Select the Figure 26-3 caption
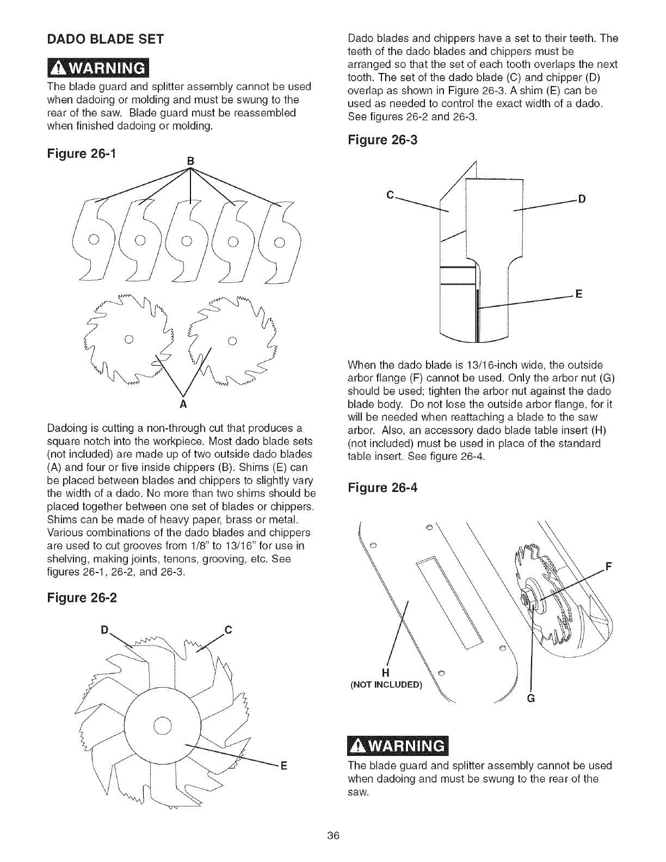coord(382,140)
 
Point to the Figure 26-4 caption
coord(382,488)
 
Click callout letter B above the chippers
coord(190,161)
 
